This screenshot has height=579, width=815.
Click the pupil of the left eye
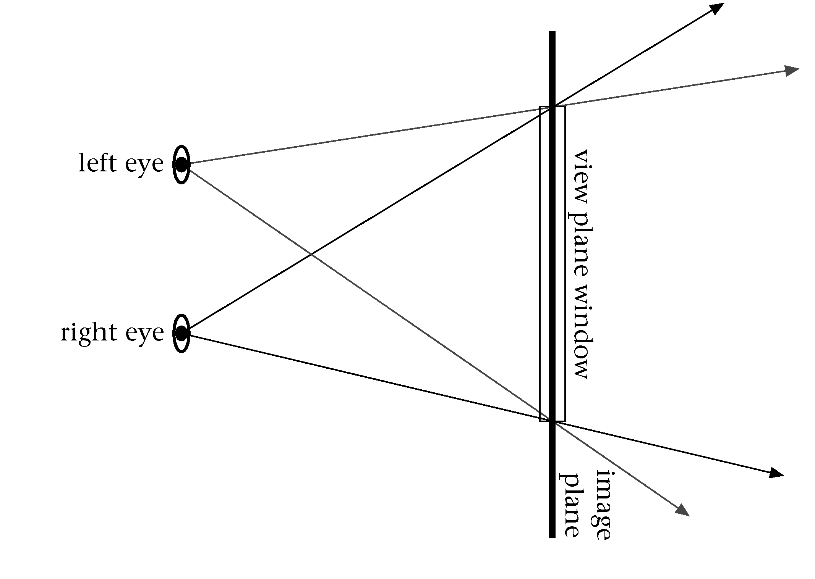[x=181, y=165]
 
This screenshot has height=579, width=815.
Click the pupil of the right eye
[x=181, y=333]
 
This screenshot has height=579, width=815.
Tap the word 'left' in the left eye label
[x=97, y=163]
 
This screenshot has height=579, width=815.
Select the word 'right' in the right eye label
[x=88, y=333]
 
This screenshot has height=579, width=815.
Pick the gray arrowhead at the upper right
[x=791, y=71]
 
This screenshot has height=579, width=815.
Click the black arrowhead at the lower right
[x=775, y=473]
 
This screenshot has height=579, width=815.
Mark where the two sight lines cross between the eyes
[x=311, y=255]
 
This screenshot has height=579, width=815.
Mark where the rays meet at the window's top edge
[x=553, y=106]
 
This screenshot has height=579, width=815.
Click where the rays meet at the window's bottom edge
[x=553, y=421]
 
